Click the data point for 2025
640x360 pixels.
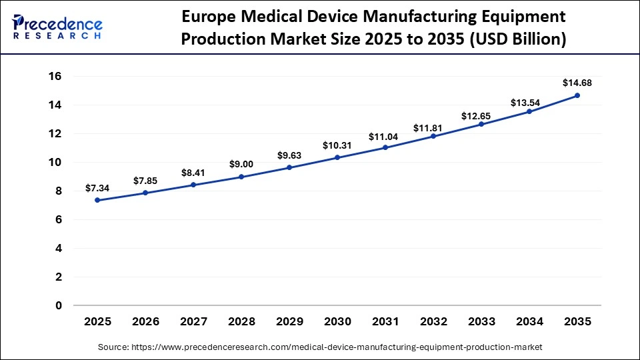tap(97, 200)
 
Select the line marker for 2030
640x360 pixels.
tap(337, 157)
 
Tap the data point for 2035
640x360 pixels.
tap(577, 95)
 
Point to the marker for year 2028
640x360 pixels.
tap(241, 177)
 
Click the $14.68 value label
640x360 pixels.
tap(577, 83)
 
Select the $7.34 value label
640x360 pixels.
tap(97, 188)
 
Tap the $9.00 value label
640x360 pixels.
tap(241, 164)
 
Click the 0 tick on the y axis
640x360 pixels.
tap(58, 305)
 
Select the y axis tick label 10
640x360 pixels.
tap(54, 162)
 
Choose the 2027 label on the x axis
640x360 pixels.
tap(193, 321)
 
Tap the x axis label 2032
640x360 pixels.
tap(433, 321)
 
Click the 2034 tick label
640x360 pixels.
tap(529, 321)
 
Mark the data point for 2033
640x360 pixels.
tap(481, 124)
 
